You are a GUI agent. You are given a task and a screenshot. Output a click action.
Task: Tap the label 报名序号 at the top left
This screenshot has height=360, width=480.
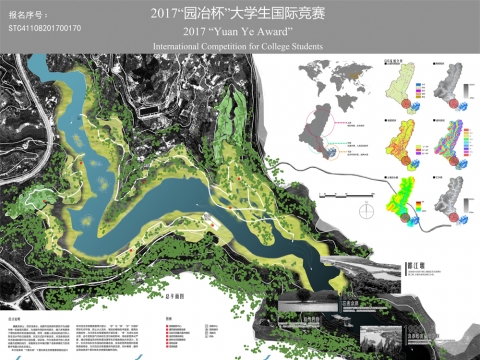click(29, 14)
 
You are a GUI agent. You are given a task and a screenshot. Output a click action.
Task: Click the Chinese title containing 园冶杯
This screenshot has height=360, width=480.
click(241, 14)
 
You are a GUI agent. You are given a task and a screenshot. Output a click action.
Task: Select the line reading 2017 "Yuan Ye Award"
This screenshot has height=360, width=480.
click(241, 31)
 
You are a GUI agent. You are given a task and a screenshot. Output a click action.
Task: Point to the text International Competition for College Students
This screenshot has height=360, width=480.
click(241, 47)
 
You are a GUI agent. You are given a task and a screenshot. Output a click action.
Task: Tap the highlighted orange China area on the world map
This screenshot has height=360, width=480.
click(349, 75)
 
